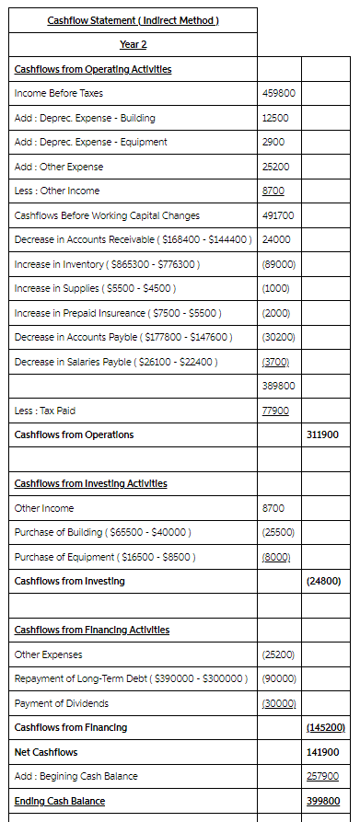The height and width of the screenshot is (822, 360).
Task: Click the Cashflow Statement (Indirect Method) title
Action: tap(133, 20)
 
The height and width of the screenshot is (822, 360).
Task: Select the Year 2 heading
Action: tap(133, 44)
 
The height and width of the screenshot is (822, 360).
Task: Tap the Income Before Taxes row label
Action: tap(59, 93)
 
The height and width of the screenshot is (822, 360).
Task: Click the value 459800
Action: tap(279, 93)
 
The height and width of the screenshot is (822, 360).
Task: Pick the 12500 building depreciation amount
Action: tap(274, 118)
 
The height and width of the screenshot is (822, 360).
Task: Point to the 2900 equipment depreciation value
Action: tap(273, 142)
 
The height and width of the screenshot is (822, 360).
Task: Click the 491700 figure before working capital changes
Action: tap(278, 215)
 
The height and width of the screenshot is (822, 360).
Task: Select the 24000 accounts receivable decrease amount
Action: tap(276, 239)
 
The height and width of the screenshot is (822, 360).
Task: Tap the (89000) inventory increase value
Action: tap(278, 264)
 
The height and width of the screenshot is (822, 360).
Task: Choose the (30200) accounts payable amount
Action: tap(278, 337)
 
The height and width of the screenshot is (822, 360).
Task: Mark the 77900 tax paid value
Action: tap(276, 411)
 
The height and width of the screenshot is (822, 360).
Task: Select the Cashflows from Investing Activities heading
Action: tap(91, 483)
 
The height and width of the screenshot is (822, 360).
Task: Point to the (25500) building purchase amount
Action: tap(278, 532)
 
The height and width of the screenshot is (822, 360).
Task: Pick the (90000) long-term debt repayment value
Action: tap(278, 678)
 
